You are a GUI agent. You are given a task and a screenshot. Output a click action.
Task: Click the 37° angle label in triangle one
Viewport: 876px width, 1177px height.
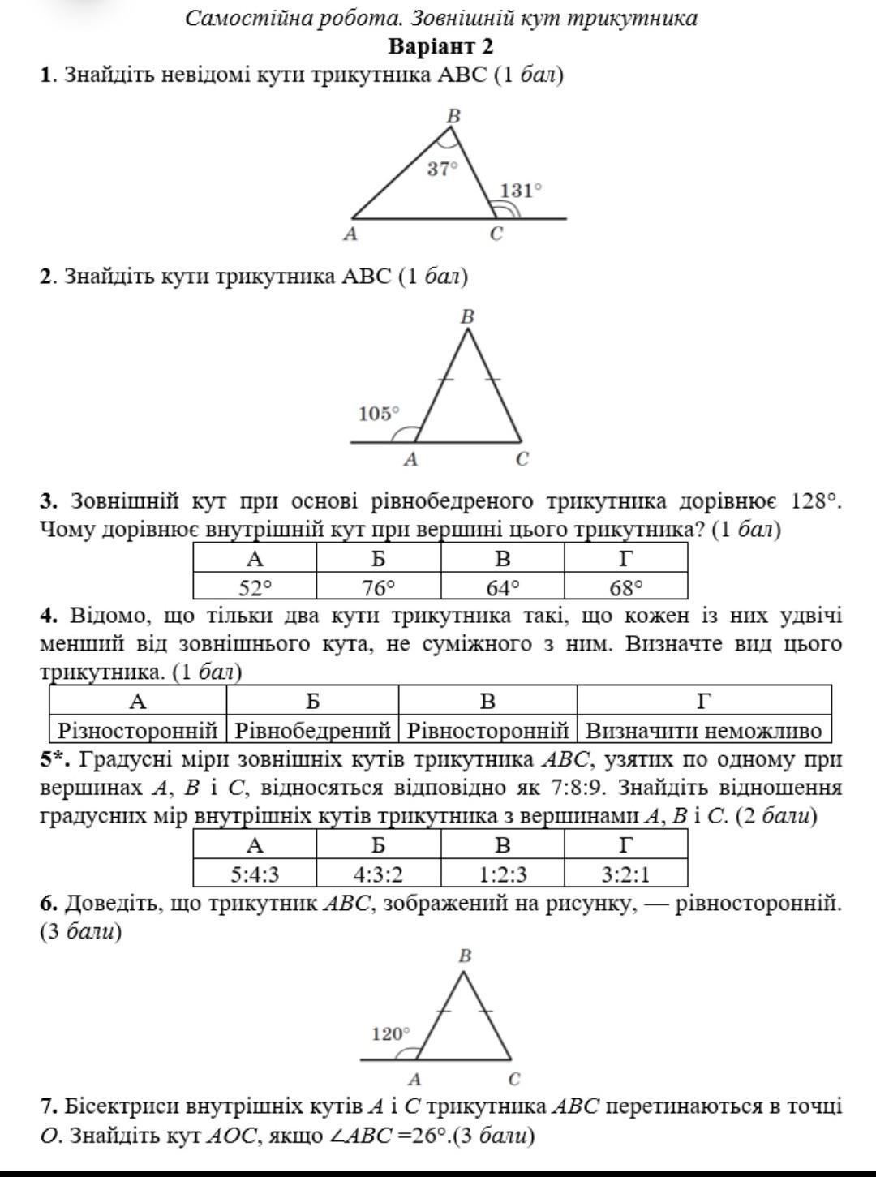tap(443, 170)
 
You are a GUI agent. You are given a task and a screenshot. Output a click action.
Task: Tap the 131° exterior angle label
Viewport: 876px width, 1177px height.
tap(520, 191)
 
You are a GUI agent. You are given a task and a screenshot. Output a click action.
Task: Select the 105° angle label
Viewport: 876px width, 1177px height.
tap(379, 414)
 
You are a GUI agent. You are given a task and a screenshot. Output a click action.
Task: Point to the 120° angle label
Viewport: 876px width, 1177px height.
tap(391, 1034)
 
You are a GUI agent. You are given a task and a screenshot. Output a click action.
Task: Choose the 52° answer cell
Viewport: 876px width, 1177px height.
tap(255, 586)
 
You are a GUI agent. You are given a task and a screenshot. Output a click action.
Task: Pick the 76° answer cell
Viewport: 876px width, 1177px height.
tap(379, 586)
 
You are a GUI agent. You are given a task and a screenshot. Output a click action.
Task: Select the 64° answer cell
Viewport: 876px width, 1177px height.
tap(503, 586)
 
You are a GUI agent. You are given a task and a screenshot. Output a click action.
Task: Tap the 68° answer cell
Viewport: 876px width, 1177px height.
tap(625, 586)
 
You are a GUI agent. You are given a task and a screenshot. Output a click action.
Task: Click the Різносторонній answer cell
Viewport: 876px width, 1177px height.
tap(138, 730)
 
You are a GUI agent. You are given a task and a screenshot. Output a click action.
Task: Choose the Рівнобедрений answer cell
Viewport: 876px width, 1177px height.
tap(313, 730)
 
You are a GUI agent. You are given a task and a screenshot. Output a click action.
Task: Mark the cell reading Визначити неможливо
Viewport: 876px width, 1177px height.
tap(704, 730)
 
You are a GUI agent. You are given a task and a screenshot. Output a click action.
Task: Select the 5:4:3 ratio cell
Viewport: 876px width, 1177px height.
tap(255, 874)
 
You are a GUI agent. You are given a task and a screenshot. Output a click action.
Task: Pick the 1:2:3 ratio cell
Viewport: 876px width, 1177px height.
tap(503, 874)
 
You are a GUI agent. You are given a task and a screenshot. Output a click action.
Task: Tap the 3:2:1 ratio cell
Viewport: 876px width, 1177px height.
tap(625, 874)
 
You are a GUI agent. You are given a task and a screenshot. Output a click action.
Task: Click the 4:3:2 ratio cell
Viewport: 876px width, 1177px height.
tap(379, 874)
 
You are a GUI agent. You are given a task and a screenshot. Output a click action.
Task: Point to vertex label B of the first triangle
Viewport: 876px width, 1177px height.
tap(454, 117)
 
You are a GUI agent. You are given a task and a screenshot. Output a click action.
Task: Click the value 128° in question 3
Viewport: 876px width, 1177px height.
tap(814, 501)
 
